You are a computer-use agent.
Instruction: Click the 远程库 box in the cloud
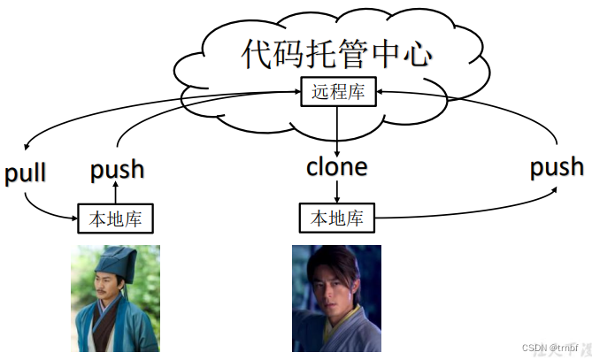[338, 91]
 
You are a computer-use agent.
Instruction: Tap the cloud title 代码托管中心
[337, 54]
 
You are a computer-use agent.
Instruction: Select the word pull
[26, 173]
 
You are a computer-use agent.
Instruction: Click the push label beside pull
[118, 168]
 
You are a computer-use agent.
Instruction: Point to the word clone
[337, 165]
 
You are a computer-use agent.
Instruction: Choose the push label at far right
[557, 166]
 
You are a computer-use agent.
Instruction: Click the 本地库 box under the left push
[116, 217]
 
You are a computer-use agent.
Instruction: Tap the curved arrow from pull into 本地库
[44, 207]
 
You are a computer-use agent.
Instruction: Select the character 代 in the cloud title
[258, 54]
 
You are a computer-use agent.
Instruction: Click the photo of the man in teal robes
[115, 298]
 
